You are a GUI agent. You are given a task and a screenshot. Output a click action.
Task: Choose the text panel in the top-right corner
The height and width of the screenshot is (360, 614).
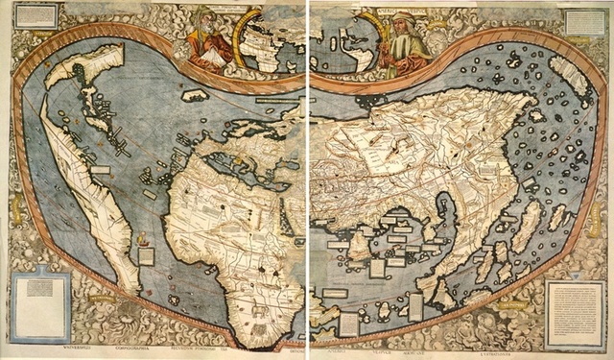[584, 21]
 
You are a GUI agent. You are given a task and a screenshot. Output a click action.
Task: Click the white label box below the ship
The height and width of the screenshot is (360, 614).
[146, 255]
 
